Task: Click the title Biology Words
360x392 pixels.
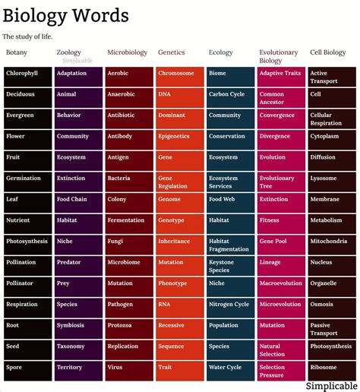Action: [x=66, y=16]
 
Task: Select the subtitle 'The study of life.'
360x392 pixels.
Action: [x=27, y=36]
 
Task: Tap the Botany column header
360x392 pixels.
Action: [x=17, y=52]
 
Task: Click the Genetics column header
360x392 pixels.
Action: [x=172, y=52]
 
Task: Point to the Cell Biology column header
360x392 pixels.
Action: [x=328, y=52]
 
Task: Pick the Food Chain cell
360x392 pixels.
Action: [x=77, y=199]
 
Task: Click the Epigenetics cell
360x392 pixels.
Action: [x=179, y=137]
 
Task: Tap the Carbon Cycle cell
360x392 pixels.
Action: [x=230, y=94]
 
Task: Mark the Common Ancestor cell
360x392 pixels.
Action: [x=281, y=98]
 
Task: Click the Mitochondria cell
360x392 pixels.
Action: [x=332, y=241]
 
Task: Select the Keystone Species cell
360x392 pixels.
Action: [x=230, y=266]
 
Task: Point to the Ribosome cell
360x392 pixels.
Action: [x=332, y=367]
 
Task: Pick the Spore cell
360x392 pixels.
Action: [x=27, y=367]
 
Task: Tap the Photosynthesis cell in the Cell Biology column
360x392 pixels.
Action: [x=332, y=346]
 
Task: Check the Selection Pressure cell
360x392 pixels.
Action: [x=281, y=371]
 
